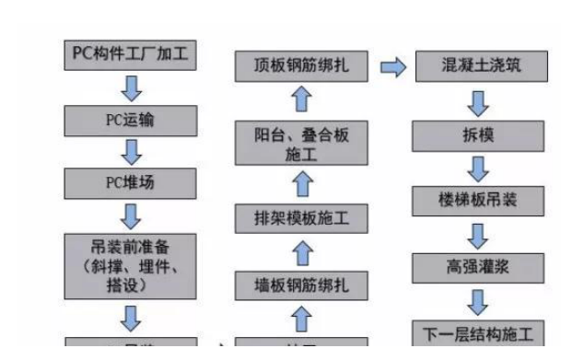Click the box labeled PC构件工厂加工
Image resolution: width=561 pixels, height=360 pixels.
130,55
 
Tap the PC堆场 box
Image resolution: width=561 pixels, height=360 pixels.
130,181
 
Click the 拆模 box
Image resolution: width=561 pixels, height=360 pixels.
465,135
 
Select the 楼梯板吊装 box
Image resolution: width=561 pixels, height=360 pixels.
465,200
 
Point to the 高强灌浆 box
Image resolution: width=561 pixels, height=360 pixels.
465,267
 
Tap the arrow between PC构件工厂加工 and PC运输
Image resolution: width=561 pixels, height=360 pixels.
130,88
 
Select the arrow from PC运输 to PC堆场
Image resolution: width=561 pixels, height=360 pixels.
130,151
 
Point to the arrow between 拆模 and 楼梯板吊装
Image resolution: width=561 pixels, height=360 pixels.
465,168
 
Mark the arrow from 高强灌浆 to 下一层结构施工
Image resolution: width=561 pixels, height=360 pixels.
465,300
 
